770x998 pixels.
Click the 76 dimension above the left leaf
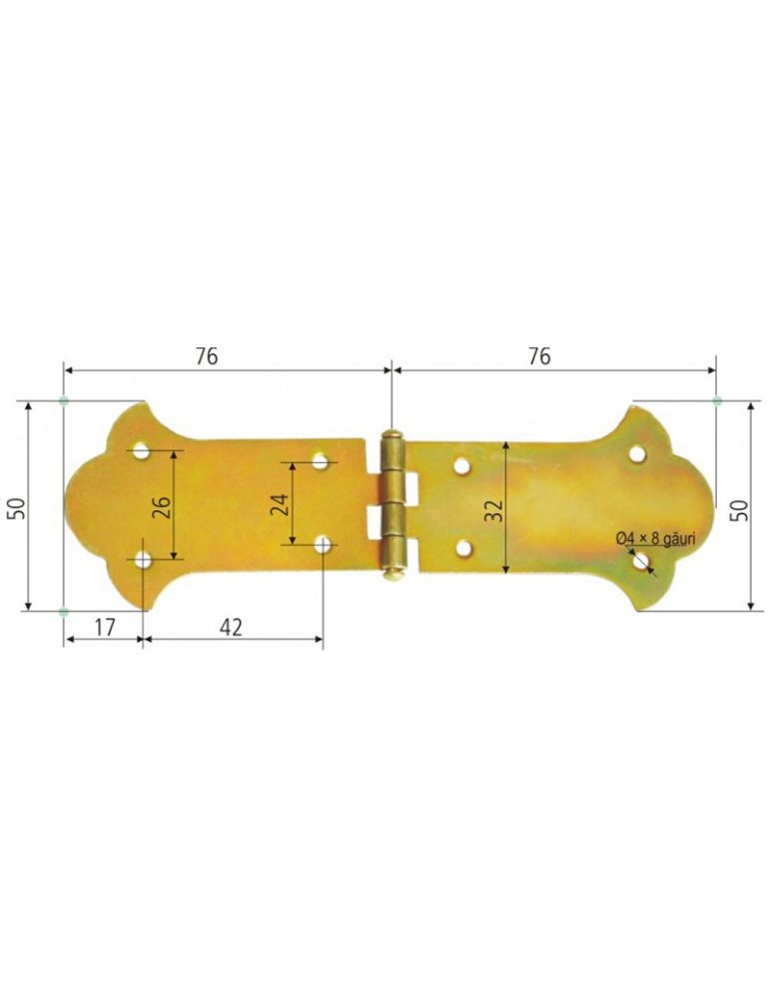(x=207, y=356)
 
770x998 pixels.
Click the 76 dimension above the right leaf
(x=538, y=356)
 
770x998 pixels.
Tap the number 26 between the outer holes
(x=162, y=505)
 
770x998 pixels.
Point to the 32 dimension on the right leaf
(x=493, y=510)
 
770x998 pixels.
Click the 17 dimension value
(x=104, y=626)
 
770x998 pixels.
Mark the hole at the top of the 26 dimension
(x=142, y=452)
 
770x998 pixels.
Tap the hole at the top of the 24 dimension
(x=321, y=461)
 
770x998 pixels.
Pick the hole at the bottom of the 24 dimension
(x=323, y=544)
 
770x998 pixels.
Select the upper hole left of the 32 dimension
(x=461, y=464)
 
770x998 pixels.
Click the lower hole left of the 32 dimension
(x=463, y=547)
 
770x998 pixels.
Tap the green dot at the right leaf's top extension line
(x=717, y=400)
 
